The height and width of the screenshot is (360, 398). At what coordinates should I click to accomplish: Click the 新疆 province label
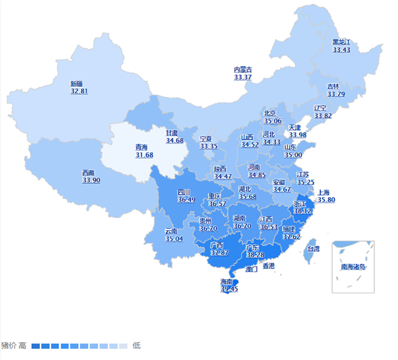point(77,84)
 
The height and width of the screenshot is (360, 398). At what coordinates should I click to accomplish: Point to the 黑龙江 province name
point(341,42)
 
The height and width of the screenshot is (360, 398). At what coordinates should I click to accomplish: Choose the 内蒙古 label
point(243,70)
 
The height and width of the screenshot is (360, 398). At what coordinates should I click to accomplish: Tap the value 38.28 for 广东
point(255,255)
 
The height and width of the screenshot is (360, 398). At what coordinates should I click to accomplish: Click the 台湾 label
point(312,249)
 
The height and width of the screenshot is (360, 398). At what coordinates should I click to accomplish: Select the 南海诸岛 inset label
point(354,267)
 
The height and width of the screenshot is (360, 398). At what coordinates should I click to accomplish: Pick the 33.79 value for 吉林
point(336,94)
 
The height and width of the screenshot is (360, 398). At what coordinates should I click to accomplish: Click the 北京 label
point(270,113)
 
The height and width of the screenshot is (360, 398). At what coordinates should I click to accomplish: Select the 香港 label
point(269,266)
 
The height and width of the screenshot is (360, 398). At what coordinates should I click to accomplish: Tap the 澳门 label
point(251,270)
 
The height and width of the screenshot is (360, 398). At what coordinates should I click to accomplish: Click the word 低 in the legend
point(136,345)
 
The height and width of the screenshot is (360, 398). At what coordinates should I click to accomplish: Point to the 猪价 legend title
point(9,345)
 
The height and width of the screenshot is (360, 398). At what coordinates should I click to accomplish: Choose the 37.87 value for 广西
point(219,253)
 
